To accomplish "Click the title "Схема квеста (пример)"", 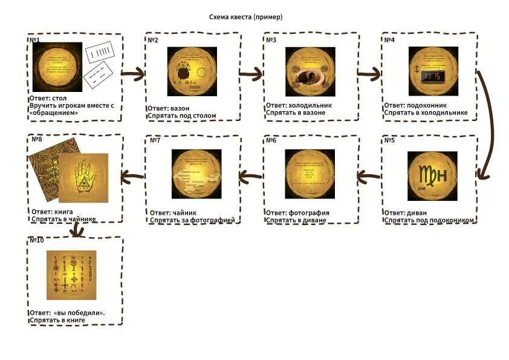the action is (x=245, y=17).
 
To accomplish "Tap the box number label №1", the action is (x=34, y=40).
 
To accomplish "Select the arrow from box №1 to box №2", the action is (x=133, y=74).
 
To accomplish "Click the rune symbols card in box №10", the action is (x=72, y=275).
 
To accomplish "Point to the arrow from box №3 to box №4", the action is (x=370, y=74).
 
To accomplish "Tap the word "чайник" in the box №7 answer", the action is (x=181, y=213).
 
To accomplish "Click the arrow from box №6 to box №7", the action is (x=251, y=176).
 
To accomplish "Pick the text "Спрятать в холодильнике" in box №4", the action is (x=426, y=113).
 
